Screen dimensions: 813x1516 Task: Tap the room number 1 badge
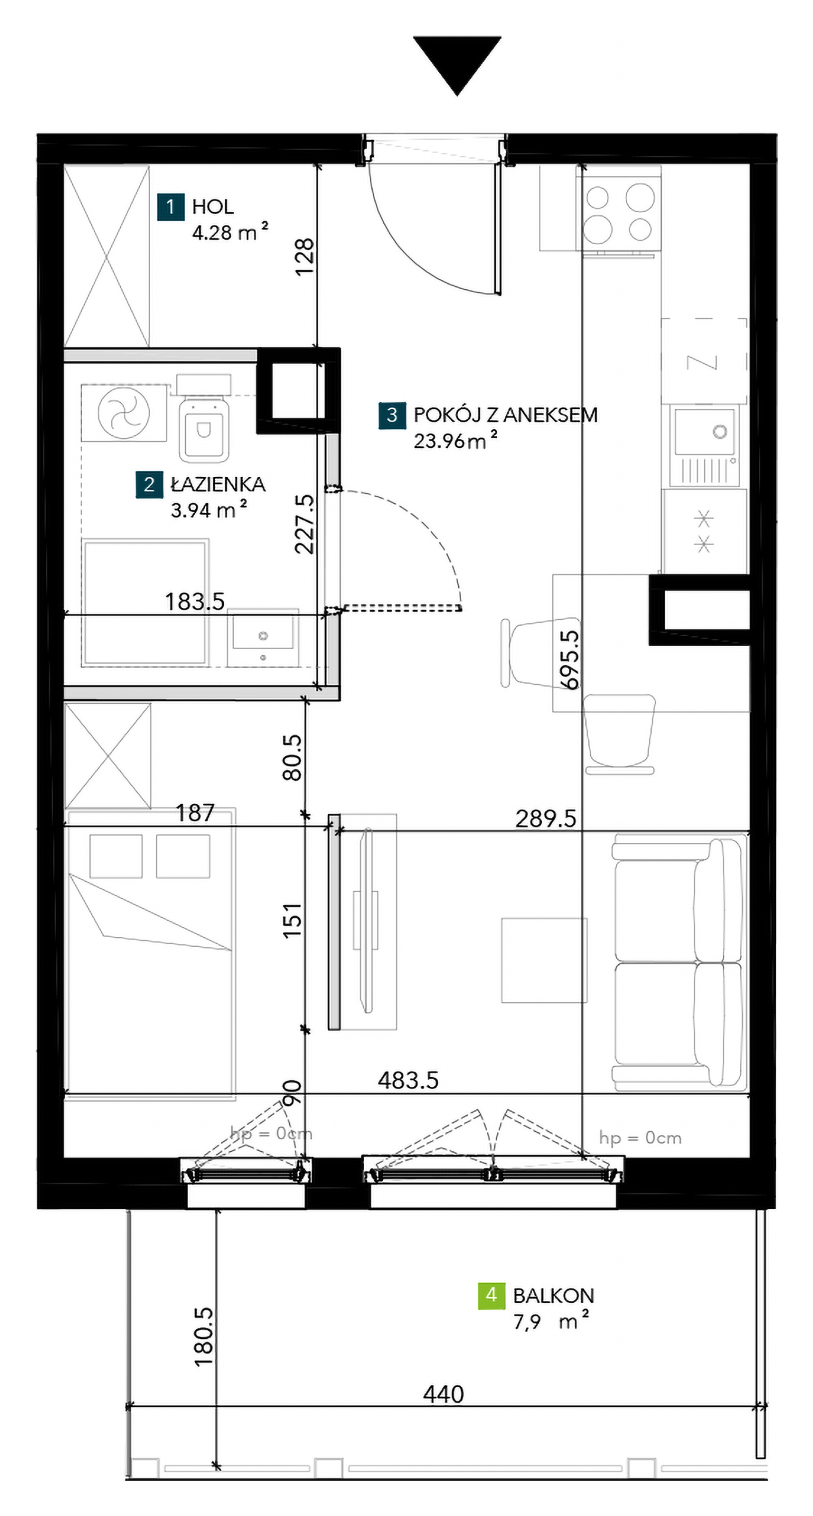(171, 207)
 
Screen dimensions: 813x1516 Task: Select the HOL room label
(213, 207)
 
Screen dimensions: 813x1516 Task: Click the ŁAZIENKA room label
(218, 485)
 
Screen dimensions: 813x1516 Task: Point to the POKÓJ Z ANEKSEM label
(505, 415)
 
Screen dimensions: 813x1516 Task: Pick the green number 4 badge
(491, 1295)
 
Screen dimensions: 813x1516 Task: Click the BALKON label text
(554, 1295)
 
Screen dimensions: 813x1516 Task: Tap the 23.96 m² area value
(455, 440)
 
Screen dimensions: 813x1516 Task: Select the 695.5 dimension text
(570, 659)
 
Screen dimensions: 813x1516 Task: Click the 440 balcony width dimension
(444, 1394)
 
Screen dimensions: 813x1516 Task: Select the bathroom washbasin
(263, 637)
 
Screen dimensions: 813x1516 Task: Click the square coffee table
(544, 960)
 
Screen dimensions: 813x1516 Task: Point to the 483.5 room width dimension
(408, 1080)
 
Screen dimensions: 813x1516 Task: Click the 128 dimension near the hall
(305, 257)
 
